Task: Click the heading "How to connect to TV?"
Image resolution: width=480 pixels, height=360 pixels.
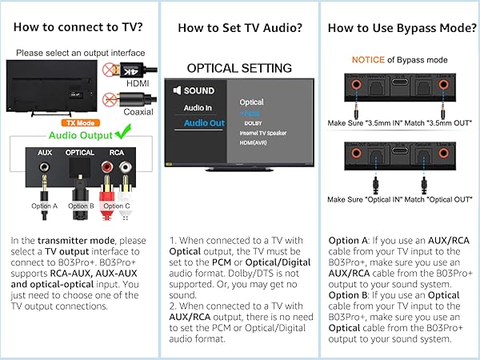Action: click(x=79, y=27)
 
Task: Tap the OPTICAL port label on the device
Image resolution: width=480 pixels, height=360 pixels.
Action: click(x=80, y=150)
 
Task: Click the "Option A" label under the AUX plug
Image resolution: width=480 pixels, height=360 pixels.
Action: click(x=45, y=206)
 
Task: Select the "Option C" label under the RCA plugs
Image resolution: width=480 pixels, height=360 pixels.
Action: click(x=116, y=206)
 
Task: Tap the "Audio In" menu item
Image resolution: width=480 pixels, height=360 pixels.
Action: click(x=198, y=106)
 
